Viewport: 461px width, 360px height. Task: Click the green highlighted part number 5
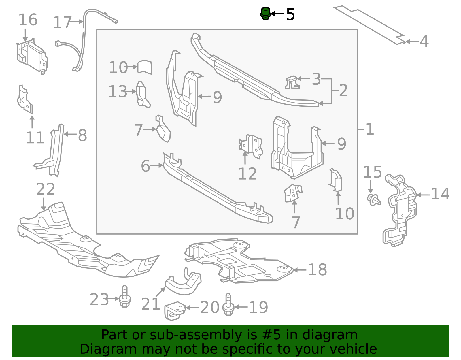[265, 14]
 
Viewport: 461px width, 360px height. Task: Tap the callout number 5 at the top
[290, 14]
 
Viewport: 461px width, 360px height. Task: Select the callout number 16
[28, 20]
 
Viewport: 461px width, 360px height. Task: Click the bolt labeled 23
[125, 297]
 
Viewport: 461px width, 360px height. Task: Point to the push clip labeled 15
[374, 199]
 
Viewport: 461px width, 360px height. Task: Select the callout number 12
[247, 174]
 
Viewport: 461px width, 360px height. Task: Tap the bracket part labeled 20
[174, 310]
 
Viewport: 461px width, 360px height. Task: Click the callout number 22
[46, 189]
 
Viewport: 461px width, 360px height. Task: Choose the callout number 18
[317, 270]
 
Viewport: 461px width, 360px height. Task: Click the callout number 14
[440, 194]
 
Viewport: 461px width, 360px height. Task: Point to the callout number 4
[424, 42]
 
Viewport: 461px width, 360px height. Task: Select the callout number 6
[145, 166]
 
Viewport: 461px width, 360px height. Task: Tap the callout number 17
[62, 22]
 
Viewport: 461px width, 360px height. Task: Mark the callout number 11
[35, 138]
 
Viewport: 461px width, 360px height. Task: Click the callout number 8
[82, 135]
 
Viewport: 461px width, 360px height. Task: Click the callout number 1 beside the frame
[370, 129]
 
